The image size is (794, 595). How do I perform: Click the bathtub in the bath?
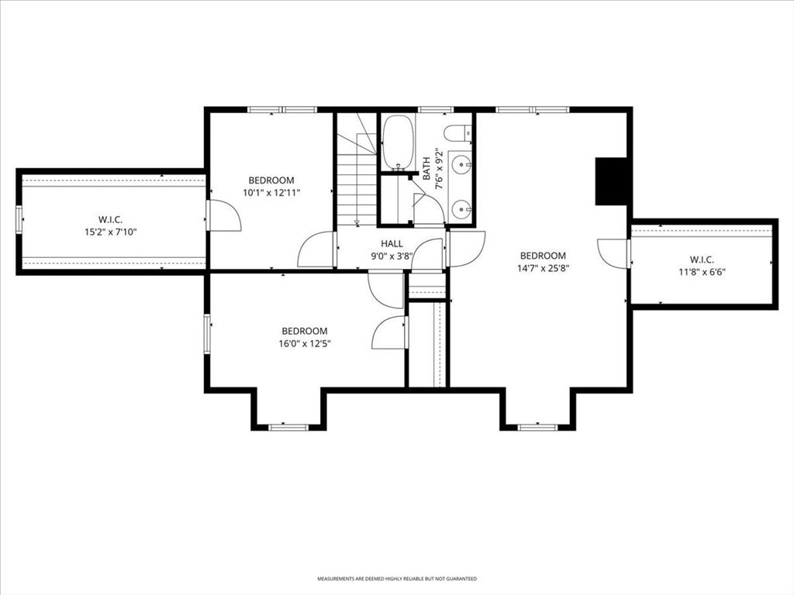pyautogui.click(x=398, y=143)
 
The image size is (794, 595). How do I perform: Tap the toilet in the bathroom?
pyautogui.click(x=457, y=132)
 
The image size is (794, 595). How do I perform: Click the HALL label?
pyautogui.click(x=392, y=244)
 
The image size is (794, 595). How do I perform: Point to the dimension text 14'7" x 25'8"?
pyautogui.click(x=544, y=269)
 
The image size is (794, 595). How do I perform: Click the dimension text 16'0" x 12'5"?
pyautogui.click(x=304, y=344)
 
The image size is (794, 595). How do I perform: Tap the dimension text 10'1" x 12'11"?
pyautogui.click(x=271, y=193)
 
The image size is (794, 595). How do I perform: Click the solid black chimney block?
pyautogui.click(x=611, y=181)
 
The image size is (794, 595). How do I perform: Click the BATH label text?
pyautogui.click(x=426, y=168)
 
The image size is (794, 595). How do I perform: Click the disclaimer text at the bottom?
pyautogui.click(x=397, y=578)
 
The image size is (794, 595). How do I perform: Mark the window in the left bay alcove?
pyautogui.click(x=288, y=428)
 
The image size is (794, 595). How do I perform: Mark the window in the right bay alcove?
pyautogui.click(x=537, y=428)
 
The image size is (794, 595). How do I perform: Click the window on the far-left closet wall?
pyautogui.click(x=19, y=219)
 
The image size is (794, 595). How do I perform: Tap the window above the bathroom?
pyautogui.click(x=436, y=109)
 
